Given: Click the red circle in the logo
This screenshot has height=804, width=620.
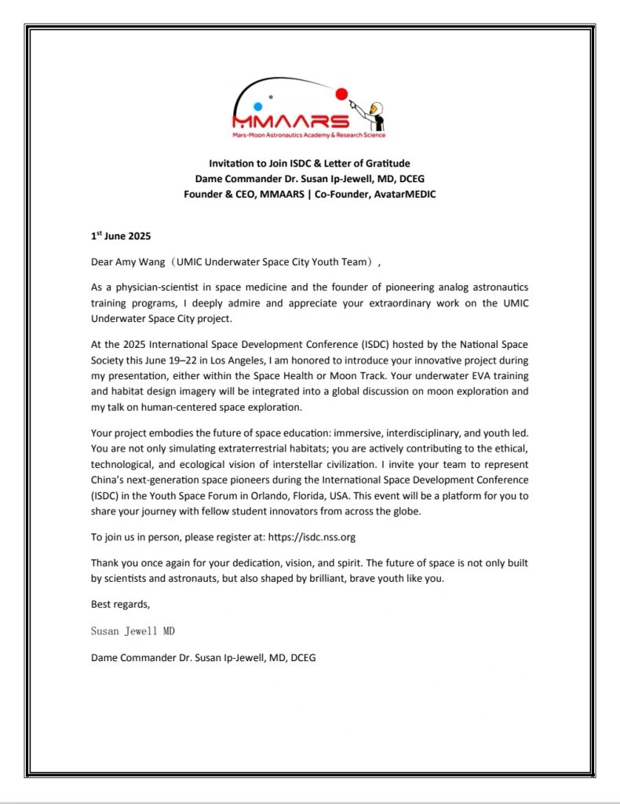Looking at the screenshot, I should (341, 94).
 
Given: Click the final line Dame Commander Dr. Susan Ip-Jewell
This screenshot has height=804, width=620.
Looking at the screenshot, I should (203, 657).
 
